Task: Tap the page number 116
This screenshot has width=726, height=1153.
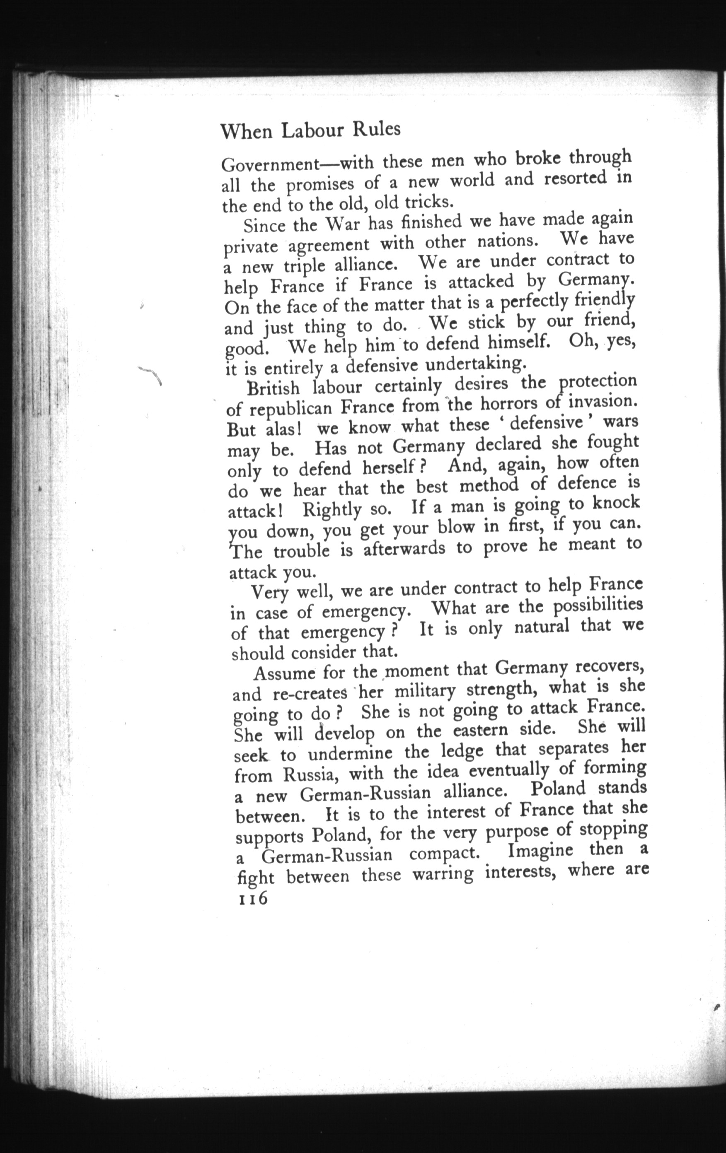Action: [x=252, y=898]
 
